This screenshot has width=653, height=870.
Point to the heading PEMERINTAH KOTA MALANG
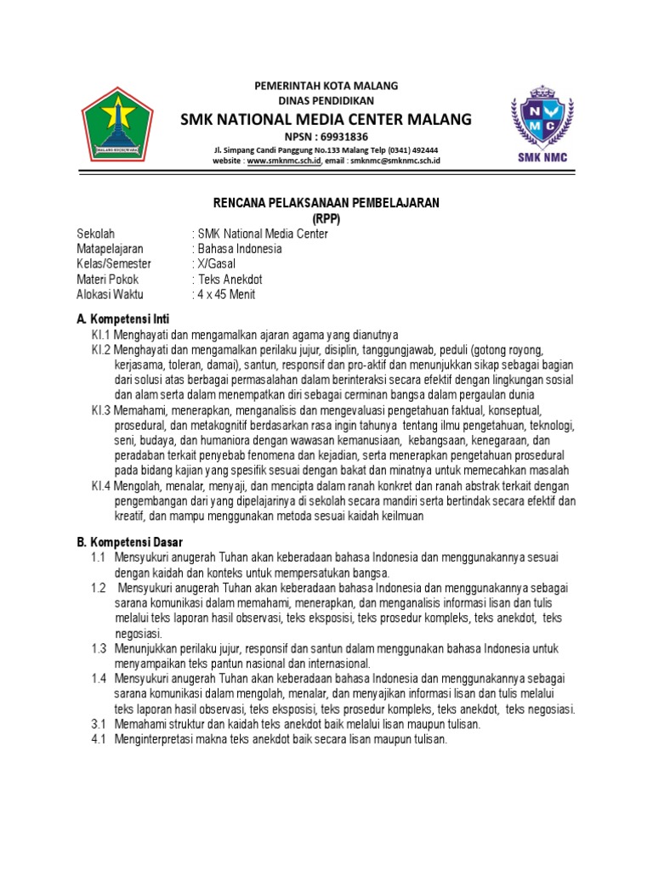click(x=326, y=87)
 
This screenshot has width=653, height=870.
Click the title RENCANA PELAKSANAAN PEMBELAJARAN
click(x=326, y=203)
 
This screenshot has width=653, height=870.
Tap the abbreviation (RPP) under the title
click(x=326, y=218)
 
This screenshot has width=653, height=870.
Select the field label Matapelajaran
click(x=107, y=249)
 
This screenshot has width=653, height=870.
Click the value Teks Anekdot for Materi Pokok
click(x=231, y=280)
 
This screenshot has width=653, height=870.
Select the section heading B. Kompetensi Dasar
click(x=129, y=541)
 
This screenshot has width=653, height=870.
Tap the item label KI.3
click(x=101, y=410)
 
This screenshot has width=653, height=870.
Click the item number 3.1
click(x=98, y=725)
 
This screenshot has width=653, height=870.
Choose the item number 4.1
click(x=98, y=740)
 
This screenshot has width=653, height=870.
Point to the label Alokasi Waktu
click(x=111, y=295)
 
